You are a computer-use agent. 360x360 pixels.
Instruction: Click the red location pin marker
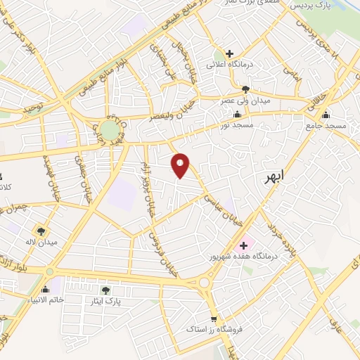180,165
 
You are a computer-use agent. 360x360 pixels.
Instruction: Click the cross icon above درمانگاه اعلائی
230,53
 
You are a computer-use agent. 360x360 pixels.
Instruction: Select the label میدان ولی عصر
245,101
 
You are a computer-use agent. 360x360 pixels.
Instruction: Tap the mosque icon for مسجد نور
237,115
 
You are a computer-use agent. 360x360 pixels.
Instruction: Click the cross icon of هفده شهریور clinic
244,245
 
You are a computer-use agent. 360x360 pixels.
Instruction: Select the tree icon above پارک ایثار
105,290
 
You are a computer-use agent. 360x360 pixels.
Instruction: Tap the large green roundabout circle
109,130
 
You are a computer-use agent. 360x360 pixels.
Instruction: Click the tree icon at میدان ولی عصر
245,89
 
